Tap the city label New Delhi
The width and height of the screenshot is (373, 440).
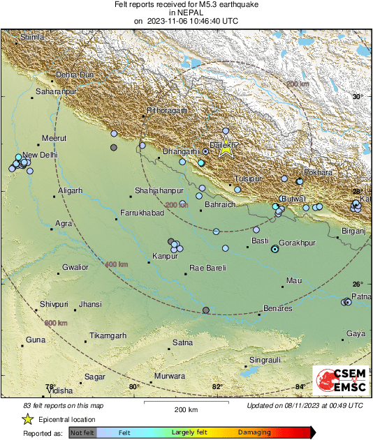(x=39, y=155)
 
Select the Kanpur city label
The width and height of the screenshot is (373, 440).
(x=164, y=255)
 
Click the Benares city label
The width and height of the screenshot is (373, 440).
(x=277, y=308)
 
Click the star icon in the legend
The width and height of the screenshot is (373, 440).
(x=28, y=419)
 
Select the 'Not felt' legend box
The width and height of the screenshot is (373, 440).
(x=82, y=433)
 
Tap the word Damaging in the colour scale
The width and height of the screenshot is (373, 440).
(x=255, y=433)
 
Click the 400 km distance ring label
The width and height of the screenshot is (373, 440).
(x=116, y=264)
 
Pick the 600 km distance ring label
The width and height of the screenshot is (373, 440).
(x=56, y=323)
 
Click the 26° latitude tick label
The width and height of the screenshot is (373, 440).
(x=358, y=284)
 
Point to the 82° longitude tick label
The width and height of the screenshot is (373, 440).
(x=217, y=387)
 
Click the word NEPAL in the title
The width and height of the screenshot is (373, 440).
(x=186, y=13)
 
